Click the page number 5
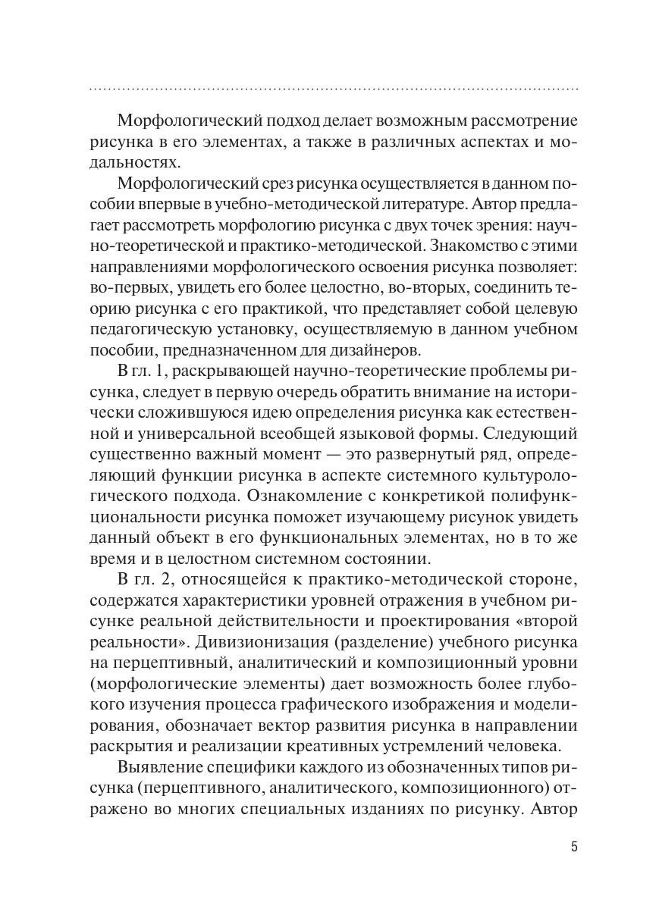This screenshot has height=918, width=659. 574,847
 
